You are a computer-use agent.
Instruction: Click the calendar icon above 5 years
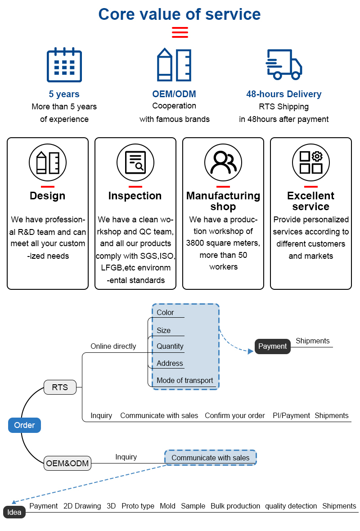pyautogui.click(x=64, y=65)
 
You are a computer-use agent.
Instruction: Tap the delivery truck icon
pyautogui.click(x=283, y=64)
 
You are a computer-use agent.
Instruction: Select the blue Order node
pyautogui.click(x=24, y=425)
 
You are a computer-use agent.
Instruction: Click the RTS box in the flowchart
pyautogui.click(x=60, y=387)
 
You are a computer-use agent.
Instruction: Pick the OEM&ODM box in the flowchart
pyautogui.click(x=67, y=463)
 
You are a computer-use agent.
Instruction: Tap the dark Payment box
pyautogui.click(x=272, y=346)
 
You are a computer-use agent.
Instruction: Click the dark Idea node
pyautogui.click(x=14, y=513)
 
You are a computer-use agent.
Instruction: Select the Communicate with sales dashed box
pyautogui.click(x=210, y=458)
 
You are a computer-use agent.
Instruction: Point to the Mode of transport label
pyautogui.click(x=184, y=380)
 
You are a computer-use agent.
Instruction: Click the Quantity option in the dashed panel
pyautogui.click(x=170, y=346)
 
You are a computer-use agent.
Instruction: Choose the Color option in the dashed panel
pyautogui.click(x=165, y=312)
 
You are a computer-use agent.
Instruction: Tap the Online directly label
pyautogui.click(x=113, y=346)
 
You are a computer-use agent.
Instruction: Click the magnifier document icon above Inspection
pyautogui.click(x=135, y=162)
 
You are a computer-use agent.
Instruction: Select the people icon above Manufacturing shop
pyautogui.click(x=223, y=162)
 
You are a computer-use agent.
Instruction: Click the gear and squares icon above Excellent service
pyautogui.click(x=310, y=162)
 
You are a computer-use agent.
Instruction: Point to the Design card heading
pyautogui.click(x=47, y=196)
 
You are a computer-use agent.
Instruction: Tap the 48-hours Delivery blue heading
pyautogui.click(x=283, y=94)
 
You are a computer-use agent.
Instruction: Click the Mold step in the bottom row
pyautogui.click(x=167, y=506)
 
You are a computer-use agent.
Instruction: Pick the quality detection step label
pyautogui.click(x=291, y=506)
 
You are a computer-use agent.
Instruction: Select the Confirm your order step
pyautogui.click(x=234, y=415)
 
